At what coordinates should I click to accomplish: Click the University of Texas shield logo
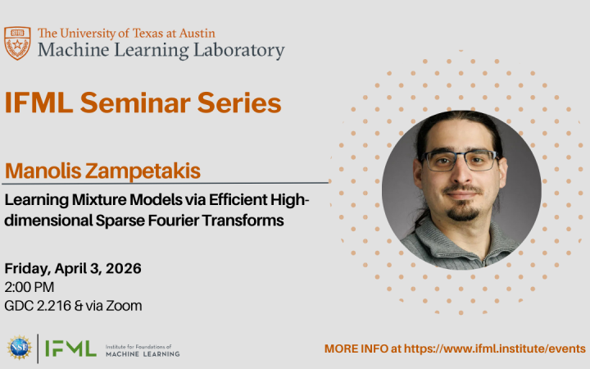pos(17,43)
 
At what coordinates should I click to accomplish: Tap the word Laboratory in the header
pos(239,51)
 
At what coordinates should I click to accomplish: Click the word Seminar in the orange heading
pos(135,102)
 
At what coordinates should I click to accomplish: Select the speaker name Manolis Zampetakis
pos(102,171)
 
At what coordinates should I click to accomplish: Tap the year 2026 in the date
pos(124,268)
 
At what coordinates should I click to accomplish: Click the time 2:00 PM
pos(29,287)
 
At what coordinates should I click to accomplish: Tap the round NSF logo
pos(19,347)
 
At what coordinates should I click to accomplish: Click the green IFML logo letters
pos(70,348)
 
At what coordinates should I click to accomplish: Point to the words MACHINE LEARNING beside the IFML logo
pos(143,354)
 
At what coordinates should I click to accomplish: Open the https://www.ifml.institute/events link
pos(494,348)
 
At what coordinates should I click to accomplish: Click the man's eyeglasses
pos(461,160)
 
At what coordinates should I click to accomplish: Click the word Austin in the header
pos(197,33)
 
